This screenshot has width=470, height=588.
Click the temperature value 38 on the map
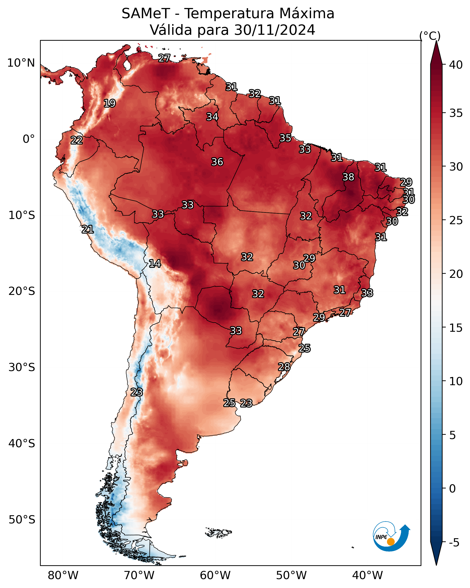click(348, 177)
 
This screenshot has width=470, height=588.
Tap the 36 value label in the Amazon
click(217, 162)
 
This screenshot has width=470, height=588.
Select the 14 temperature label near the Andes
click(155, 264)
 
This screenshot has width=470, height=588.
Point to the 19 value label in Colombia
click(110, 103)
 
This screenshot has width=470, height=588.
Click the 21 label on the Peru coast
click(88, 229)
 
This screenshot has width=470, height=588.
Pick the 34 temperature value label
click(212, 117)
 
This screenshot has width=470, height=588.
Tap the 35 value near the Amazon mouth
click(285, 138)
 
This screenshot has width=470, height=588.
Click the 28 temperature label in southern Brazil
click(284, 367)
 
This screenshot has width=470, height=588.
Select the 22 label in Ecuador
click(77, 141)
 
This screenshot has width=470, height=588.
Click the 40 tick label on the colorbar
click(456, 65)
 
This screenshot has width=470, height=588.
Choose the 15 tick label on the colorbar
click(456, 328)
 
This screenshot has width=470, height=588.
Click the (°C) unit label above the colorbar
click(430, 36)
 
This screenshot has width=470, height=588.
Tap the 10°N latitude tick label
click(21, 63)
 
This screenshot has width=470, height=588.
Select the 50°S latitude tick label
click(22, 520)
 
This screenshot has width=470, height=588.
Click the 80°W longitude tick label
click(63, 575)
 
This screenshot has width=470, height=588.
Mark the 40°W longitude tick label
click(367, 575)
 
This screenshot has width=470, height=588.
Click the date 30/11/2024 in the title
click(275, 30)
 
